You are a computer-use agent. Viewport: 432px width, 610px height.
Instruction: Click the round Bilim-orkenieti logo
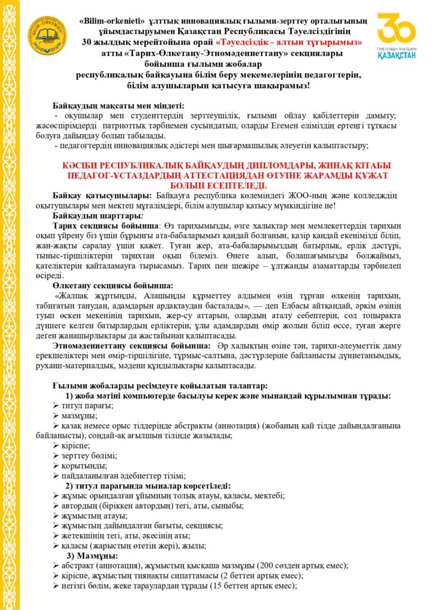47,34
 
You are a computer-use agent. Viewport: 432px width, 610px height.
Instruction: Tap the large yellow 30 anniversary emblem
396,28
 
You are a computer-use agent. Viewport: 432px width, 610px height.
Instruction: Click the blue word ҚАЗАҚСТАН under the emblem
396,55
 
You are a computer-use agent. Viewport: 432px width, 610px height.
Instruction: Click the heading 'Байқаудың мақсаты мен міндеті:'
119,105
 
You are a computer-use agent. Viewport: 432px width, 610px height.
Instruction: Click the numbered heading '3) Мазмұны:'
91,555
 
